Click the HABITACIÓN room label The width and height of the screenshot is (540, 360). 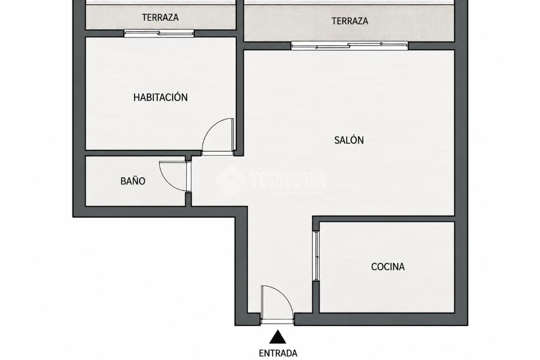point(160,98)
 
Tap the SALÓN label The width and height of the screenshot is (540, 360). point(349,140)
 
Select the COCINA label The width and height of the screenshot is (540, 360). point(388,267)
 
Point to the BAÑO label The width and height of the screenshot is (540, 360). point(133,181)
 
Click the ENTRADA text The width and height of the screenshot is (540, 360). point(278,353)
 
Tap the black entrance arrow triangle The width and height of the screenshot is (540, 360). point(278,337)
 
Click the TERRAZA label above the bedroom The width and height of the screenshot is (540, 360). point(160,17)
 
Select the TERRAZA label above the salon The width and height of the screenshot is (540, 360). point(350,21)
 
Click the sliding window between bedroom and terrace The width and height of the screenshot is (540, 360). point(159,33)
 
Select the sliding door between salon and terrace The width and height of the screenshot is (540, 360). point(350,45)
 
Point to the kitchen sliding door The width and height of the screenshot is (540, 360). point(316,256)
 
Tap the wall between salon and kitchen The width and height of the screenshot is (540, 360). point(384,219)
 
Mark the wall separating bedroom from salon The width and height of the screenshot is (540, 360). point(240,96)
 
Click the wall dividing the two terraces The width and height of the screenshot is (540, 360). point(240,19)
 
